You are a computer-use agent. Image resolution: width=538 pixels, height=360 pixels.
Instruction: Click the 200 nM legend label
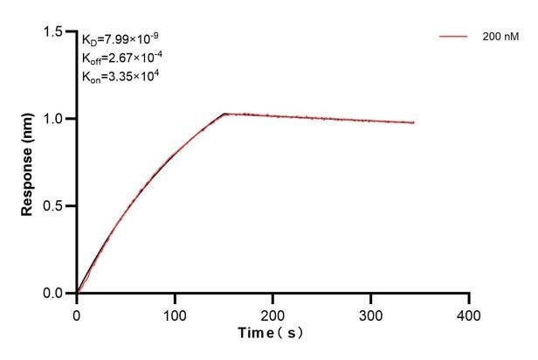point(499,37)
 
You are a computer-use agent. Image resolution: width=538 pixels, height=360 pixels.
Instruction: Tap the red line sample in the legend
point(455,37)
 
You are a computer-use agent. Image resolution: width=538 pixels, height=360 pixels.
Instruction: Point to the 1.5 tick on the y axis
point(54,31)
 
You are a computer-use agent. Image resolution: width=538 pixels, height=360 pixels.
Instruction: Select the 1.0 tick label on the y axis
point(54,119)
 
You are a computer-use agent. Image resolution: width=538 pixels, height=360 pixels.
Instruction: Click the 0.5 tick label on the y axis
point(54,206)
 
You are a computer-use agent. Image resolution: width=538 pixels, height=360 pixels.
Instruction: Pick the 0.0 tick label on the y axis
point(54,294)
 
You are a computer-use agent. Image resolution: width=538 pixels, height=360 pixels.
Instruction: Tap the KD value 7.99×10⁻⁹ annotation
point(121,38)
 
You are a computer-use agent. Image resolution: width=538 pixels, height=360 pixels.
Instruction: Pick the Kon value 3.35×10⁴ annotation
point(121,77)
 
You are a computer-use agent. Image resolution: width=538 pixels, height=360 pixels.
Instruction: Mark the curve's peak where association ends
point(224,114)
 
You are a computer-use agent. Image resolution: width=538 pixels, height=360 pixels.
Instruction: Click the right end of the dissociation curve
point(414,122)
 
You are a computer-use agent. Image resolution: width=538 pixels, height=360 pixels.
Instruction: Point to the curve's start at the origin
point(77,294)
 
